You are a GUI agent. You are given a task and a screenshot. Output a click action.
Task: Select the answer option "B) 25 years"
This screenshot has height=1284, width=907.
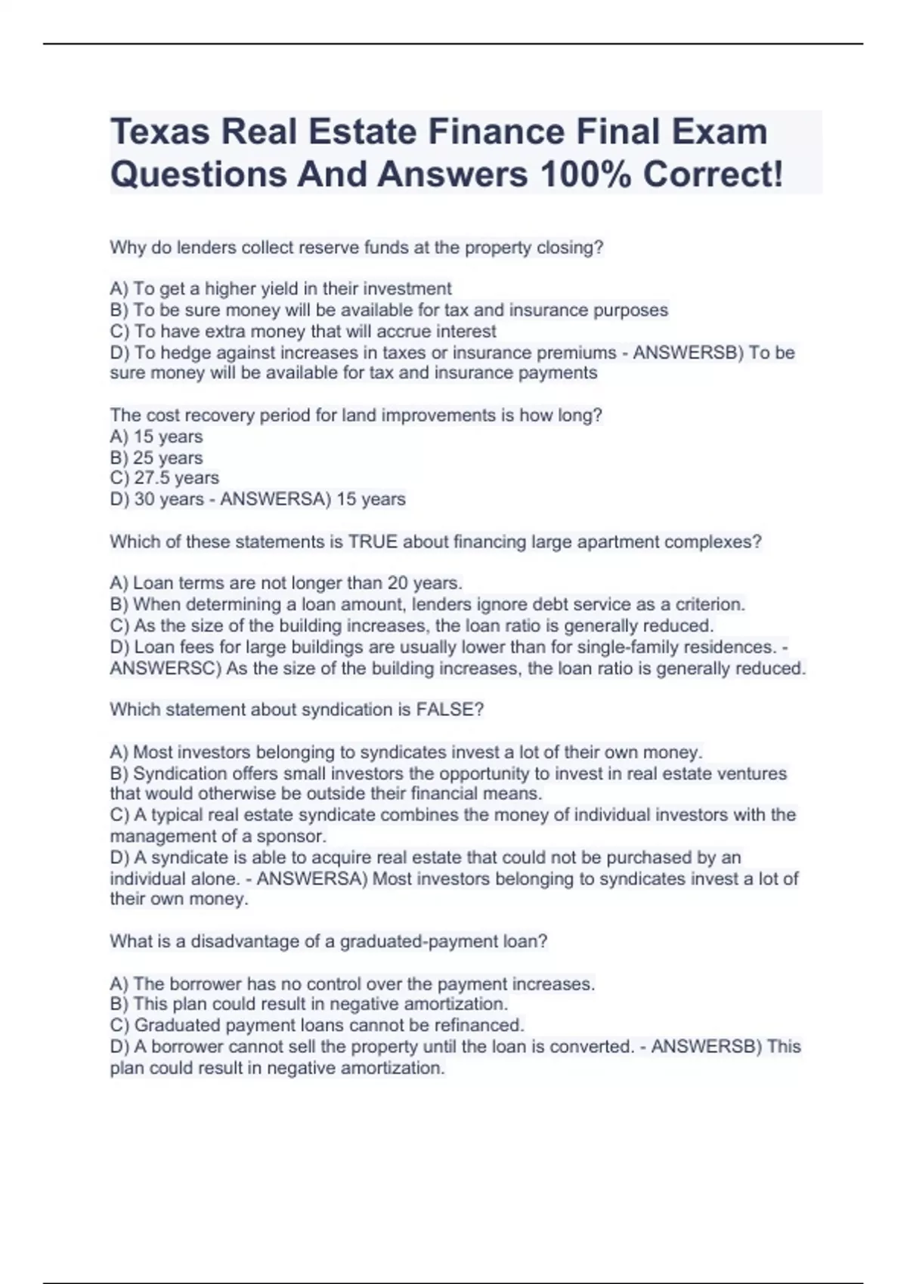(x=156, y=458)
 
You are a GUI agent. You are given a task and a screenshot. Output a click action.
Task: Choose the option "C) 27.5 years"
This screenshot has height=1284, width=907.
(x=165, y=478)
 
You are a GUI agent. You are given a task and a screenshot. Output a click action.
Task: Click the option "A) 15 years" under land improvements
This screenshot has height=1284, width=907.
(x=156, y=437)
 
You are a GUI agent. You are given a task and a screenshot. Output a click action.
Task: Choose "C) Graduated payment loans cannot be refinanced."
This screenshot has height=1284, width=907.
(x=317, y=1025)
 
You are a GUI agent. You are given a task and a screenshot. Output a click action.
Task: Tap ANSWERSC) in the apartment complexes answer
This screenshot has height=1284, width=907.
(x=166, y=668)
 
